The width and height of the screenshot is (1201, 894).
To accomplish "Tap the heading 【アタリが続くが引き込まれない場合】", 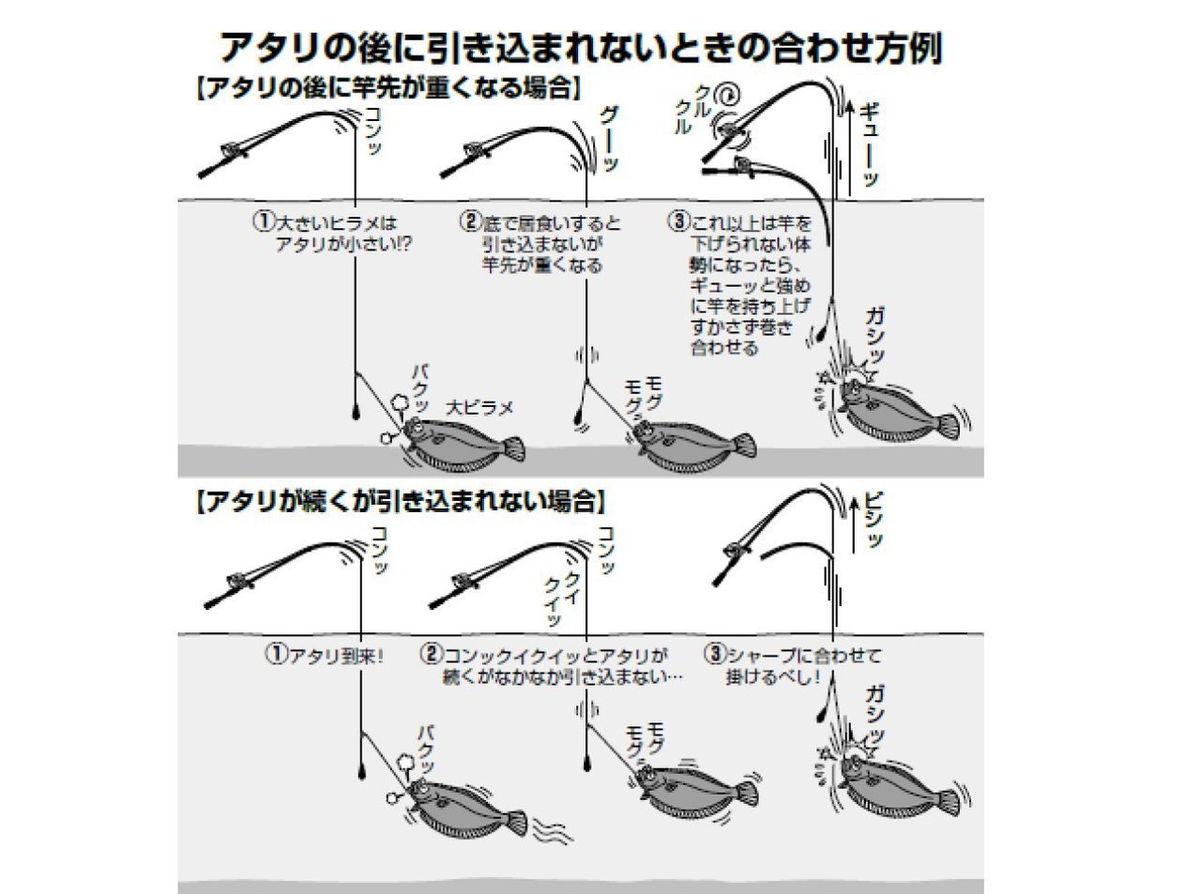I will pyautogui.click(x=398, y=501).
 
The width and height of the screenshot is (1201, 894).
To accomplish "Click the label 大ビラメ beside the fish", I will pyautogui.click(x=480, y=407).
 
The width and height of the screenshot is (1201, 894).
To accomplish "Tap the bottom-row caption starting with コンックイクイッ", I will pyautogui.click(x=554, y=665).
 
